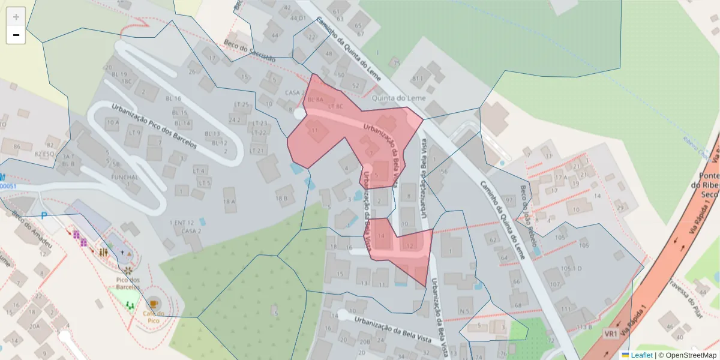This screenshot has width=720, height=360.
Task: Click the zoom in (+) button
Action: pos(16,17)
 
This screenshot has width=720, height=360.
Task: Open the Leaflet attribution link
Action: pos(641,355)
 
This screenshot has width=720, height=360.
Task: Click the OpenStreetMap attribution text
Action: pos(687,355)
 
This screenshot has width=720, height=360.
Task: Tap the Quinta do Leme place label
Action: pos(399,98)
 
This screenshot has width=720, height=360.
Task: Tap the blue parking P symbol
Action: pos(44,215)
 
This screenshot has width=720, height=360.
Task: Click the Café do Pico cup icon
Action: pos(154,304)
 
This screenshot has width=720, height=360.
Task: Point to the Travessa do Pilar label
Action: pos(685,293)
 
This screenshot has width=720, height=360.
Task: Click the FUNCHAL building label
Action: pos(125,178)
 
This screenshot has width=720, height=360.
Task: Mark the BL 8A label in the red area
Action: pos(316,99)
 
